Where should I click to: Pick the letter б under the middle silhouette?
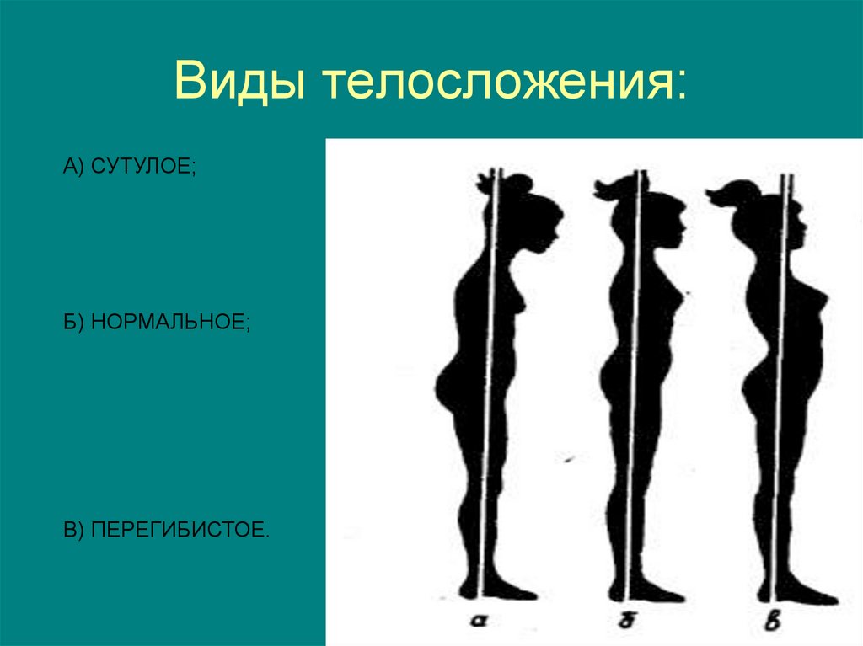pyautogui.click(x=624, y=622)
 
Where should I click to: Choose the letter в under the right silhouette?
pyautogui.click(x=775, y=622)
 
